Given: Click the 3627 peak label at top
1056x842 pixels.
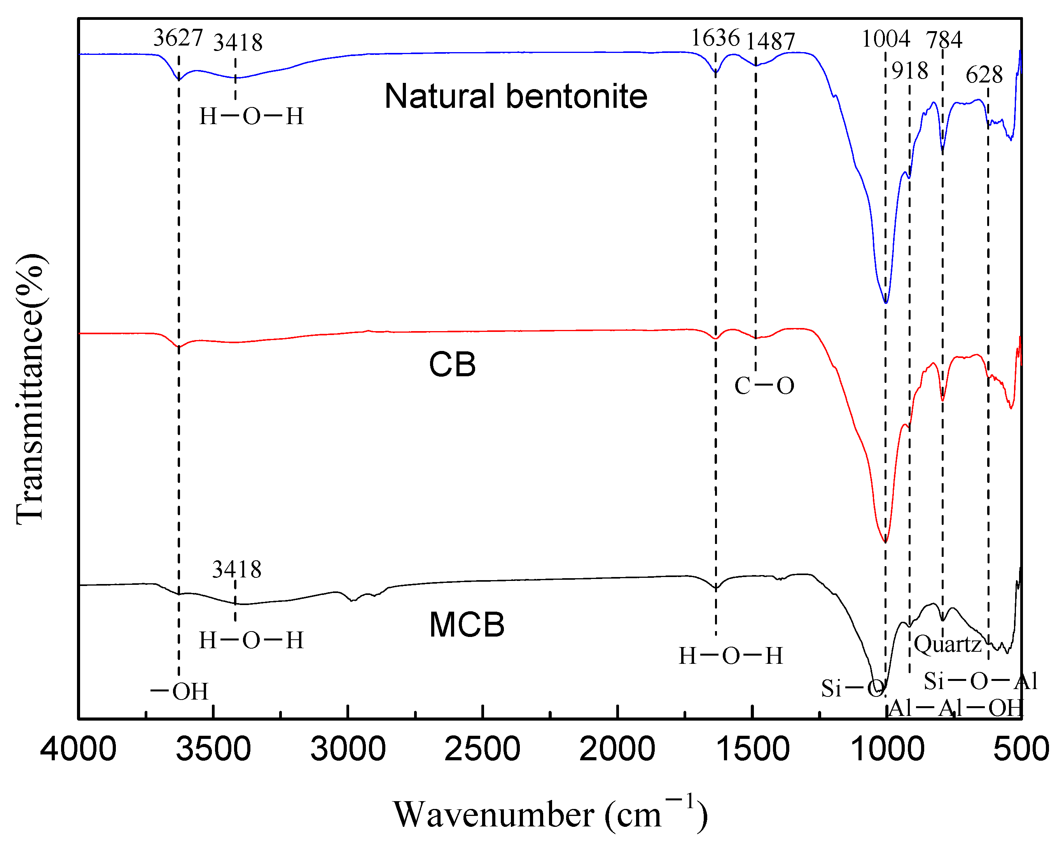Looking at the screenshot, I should (x=178, y=38).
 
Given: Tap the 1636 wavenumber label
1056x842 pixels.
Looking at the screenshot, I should (x=715, y=38).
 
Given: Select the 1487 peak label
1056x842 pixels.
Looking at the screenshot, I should (x=770, y=41).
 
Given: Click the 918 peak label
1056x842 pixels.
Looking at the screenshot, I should (x=909, y=71).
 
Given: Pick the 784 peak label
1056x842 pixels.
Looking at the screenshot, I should (x=944, y=40).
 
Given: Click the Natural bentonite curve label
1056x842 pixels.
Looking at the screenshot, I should (x=516, y=96).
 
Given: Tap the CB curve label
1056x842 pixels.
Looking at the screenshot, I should (x=452, y=365).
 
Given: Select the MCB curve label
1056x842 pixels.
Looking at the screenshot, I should (x=467, y=625).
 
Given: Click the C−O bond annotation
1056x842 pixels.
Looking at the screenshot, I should (x=764, y=386).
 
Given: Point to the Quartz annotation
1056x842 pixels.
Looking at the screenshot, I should (x=947, y=644).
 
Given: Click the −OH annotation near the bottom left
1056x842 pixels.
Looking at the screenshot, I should (x=179, y=691).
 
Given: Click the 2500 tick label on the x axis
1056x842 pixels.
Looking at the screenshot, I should (x=482, y=750).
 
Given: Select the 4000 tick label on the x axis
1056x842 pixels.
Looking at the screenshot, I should (x=79, y=750).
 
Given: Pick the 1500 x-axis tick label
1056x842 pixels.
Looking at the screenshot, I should (x=752, y=750).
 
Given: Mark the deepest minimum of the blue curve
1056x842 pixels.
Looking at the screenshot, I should (x=886, y=303).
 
